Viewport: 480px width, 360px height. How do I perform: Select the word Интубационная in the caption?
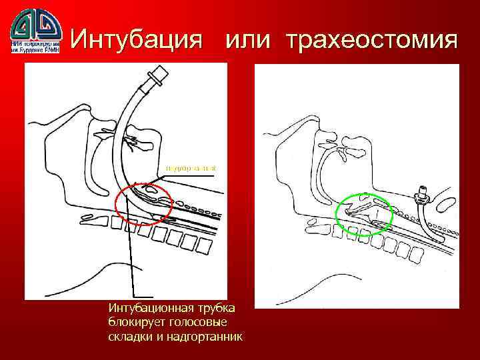(143, 308)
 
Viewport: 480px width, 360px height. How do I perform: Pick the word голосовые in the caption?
(196, 322)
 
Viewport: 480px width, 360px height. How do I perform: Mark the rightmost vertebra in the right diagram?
(417, 254)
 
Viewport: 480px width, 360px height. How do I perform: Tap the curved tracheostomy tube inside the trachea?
(427, 220)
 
